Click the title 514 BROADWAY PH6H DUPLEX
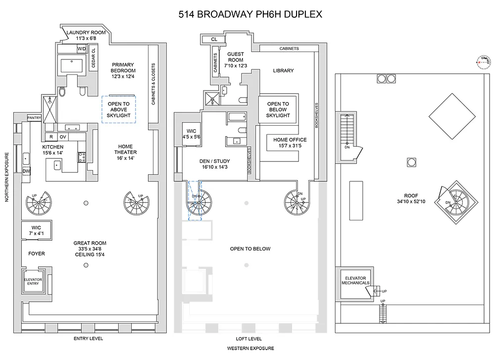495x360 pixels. (x=250, y=14)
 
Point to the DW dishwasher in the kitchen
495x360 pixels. (x=26, y=171)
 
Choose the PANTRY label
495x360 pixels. (x=34, y=118)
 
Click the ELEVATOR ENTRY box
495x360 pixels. (x=33, y=282)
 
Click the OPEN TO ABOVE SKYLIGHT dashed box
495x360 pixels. (x=119, y=109)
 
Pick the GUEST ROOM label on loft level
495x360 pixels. (x=235, y=59)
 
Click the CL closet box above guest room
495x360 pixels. (x=214, y=39)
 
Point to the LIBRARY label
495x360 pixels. (x=283, y=70)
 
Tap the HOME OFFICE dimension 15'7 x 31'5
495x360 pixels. (x=290, y=146)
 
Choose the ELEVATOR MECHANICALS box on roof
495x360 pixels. (x=355, y=281)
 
